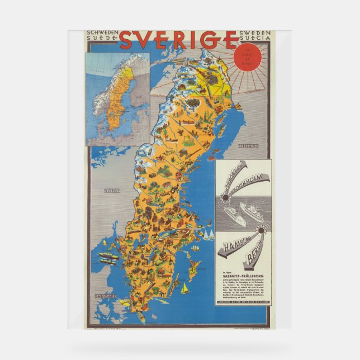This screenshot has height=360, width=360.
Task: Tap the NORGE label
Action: [x=112, y=191]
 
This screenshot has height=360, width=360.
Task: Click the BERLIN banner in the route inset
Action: [x=255, y=259]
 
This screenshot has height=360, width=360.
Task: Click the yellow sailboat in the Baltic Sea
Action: [x=185, y=288]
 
